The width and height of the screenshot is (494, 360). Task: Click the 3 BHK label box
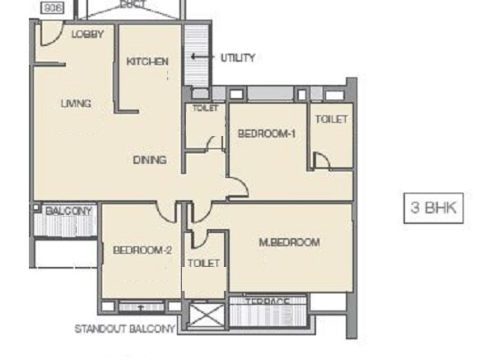[x=433, y=208]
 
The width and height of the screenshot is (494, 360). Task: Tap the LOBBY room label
[x=87, y=35]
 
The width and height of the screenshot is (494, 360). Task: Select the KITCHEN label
[x=147, y=62]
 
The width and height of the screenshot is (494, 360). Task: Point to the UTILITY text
[x=237, y=58]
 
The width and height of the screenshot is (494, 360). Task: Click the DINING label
[x=150, y=160]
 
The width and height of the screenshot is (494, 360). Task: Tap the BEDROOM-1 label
[x=266, y=133]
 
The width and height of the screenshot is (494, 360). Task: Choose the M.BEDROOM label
[x=289, y=242]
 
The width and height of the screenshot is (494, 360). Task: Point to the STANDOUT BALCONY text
[x=125, y=329]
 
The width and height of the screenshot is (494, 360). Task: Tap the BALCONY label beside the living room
[x=69, y=212]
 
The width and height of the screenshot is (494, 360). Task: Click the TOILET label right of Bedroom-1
[x=331, y=119]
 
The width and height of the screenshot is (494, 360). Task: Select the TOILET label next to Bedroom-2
[x=203, y=263]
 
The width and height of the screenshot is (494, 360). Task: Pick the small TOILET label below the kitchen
[x=204, y=109]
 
